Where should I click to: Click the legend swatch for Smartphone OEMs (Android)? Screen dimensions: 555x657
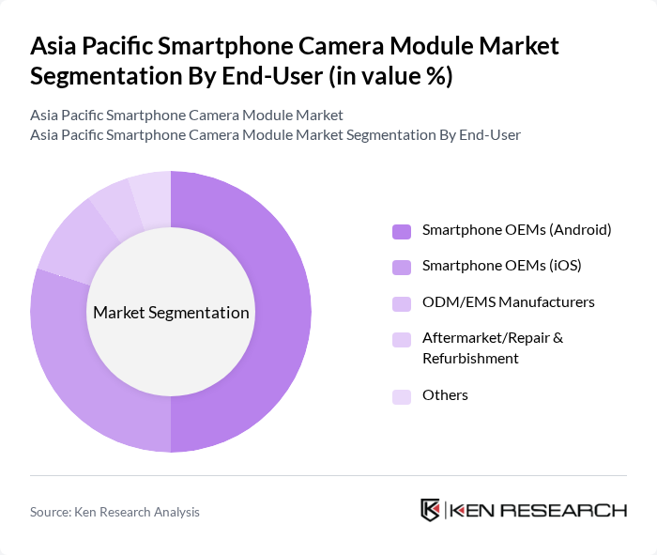coord(402,231)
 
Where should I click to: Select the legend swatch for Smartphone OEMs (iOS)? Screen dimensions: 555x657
coord(402,267)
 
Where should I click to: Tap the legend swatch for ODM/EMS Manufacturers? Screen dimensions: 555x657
coord(402,302)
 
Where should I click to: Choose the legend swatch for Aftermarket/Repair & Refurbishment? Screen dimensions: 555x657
coord(402,338)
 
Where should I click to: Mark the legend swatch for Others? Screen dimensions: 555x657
coord(402,396)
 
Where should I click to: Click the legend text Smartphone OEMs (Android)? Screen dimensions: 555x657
coord(516,230)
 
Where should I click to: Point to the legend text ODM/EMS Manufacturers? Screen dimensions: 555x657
coord(508,301)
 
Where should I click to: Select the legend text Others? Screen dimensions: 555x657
coord(445,395)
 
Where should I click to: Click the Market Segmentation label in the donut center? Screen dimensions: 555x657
coord(171,313)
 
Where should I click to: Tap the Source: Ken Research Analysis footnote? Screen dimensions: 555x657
coord(115,512)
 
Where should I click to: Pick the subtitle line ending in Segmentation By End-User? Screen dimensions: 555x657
coord(275,135)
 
